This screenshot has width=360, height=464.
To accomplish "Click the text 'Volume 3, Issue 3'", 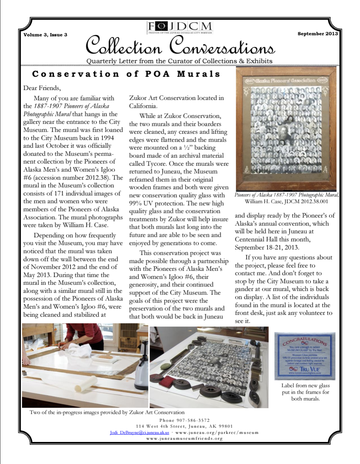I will (x=45, y=35).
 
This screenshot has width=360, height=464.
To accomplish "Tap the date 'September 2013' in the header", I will (x=317, y=33).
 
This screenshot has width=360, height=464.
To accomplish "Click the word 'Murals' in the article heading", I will (x=199, y=74).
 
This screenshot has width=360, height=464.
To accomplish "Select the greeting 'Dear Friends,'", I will (x=42, y=88).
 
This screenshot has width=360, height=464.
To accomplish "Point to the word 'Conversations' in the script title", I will (x=222, y=47).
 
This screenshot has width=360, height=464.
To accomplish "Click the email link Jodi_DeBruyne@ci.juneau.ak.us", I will (x=139, y=432).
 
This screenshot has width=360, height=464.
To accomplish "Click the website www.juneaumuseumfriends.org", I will (x=184, y=438).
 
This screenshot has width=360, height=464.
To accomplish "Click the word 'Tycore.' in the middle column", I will (x=156, y=164).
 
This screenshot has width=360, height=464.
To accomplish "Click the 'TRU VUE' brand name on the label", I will (x=309, y=369).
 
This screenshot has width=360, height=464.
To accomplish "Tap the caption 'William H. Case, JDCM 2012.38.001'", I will (x=286, y=201).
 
